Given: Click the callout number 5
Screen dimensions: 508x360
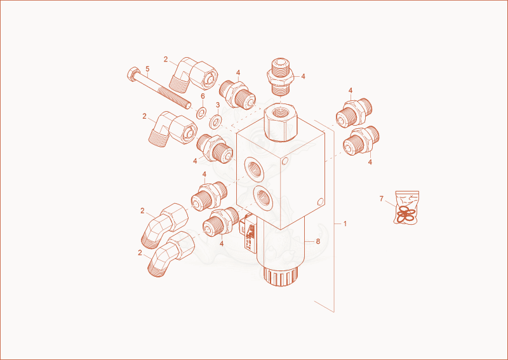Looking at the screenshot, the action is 147,69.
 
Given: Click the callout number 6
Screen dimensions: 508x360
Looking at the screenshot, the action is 203,96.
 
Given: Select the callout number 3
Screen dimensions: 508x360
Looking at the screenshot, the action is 218,105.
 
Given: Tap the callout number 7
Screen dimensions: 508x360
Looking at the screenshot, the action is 382,199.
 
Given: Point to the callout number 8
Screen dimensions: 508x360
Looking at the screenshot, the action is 318,241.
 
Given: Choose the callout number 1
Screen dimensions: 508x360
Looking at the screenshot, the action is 345,223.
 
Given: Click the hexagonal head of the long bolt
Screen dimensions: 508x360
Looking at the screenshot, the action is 133,74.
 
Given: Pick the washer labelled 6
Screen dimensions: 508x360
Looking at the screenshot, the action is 202,113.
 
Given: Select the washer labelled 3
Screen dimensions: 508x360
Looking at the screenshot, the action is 215,121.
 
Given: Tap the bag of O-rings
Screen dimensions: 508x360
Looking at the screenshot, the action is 406,207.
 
